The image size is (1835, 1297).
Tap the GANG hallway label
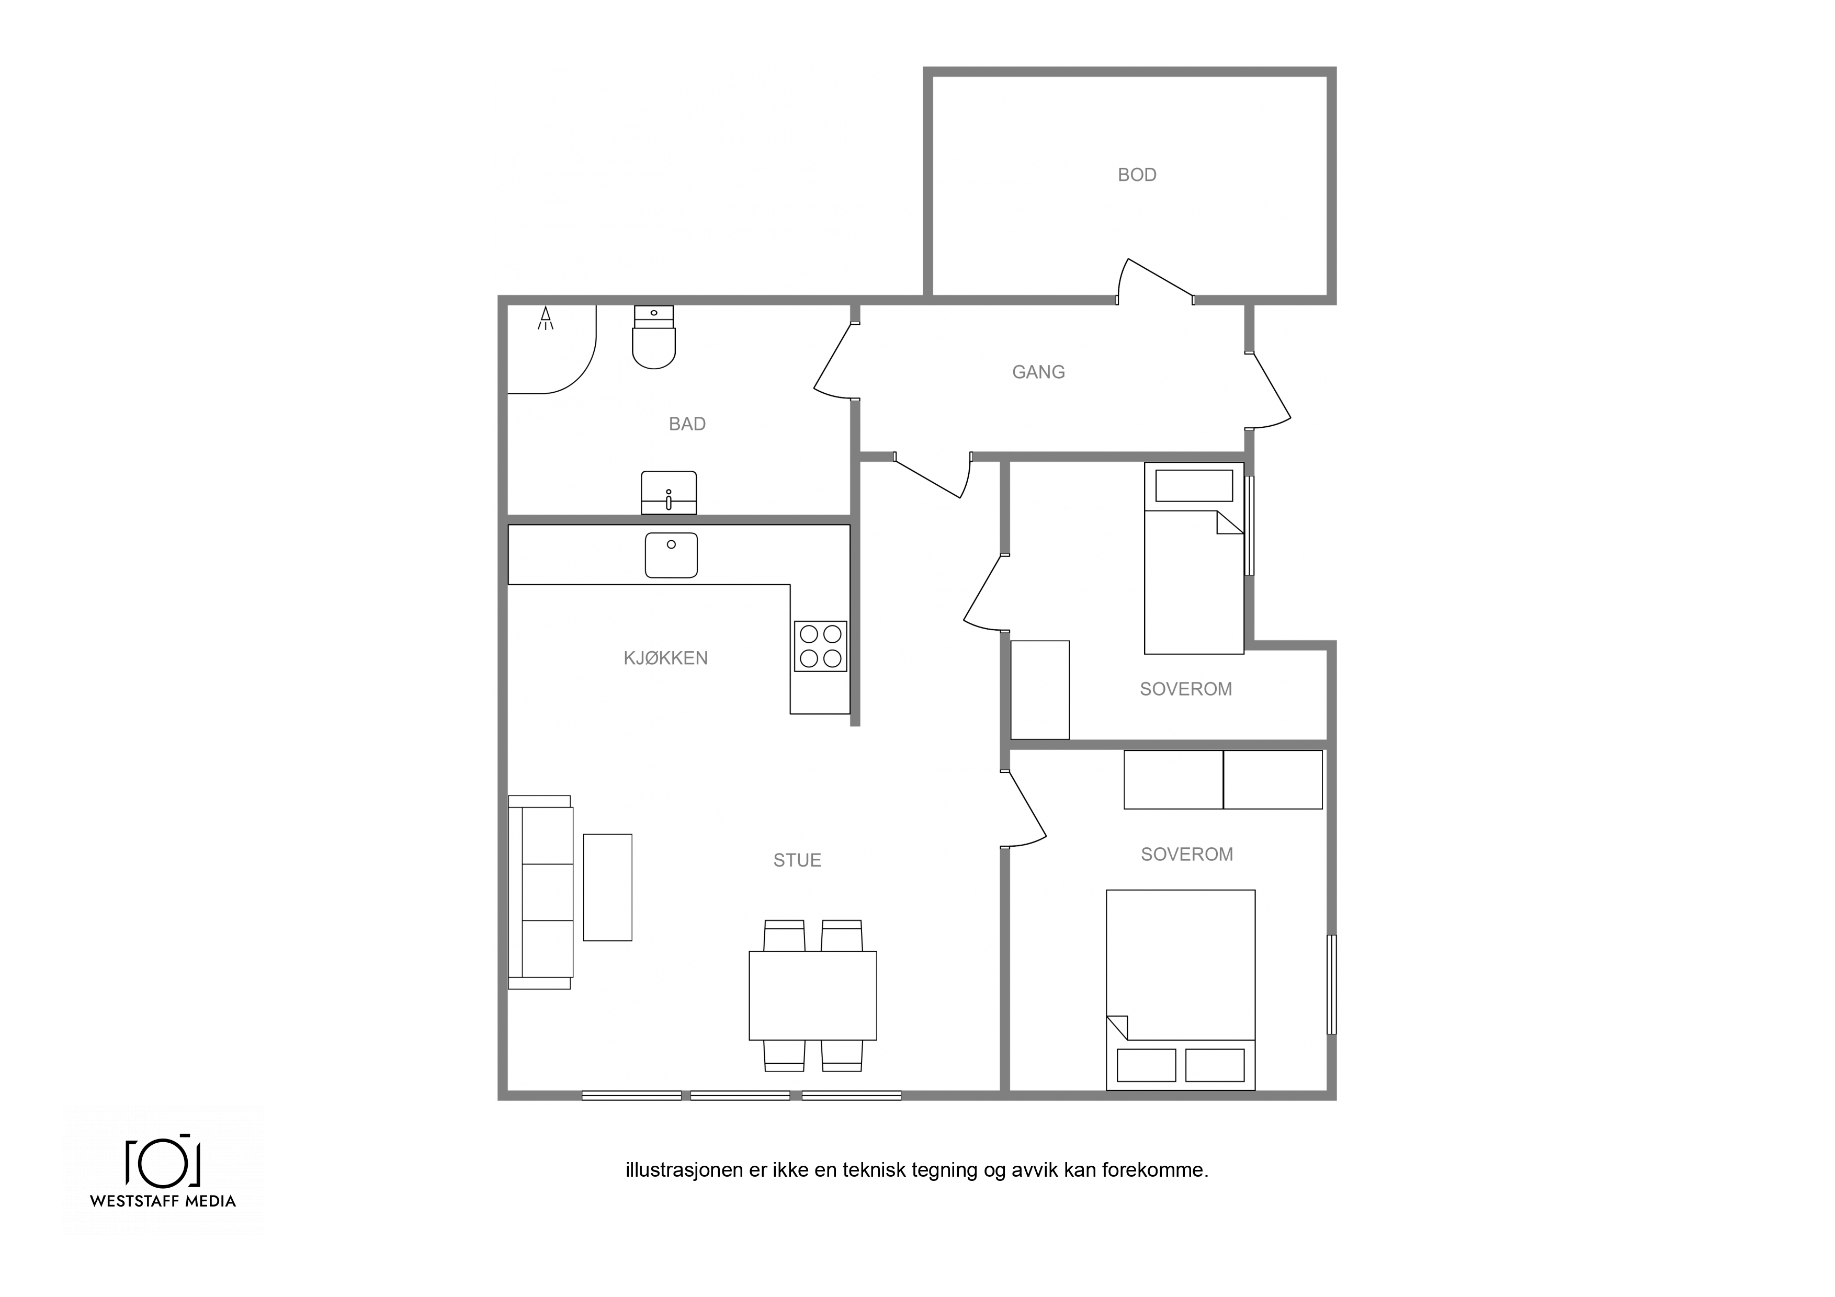[x=1038, y=372]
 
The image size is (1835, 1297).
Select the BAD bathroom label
[x=687, y=424]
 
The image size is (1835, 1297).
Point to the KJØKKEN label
[x=666, y=658]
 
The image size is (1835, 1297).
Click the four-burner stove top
[x=821, y=646]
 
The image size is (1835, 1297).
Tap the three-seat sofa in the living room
[x=540, y=892]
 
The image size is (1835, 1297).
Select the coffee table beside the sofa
[x=607, y=887]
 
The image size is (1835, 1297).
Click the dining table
[x=813, y=995]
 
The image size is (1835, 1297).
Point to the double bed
[x=1181, y=989]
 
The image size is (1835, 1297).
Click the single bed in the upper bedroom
[x=1194, y=558]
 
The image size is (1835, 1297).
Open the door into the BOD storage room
[x=1156, y=281]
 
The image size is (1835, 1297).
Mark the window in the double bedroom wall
[x=1331, y=985]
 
